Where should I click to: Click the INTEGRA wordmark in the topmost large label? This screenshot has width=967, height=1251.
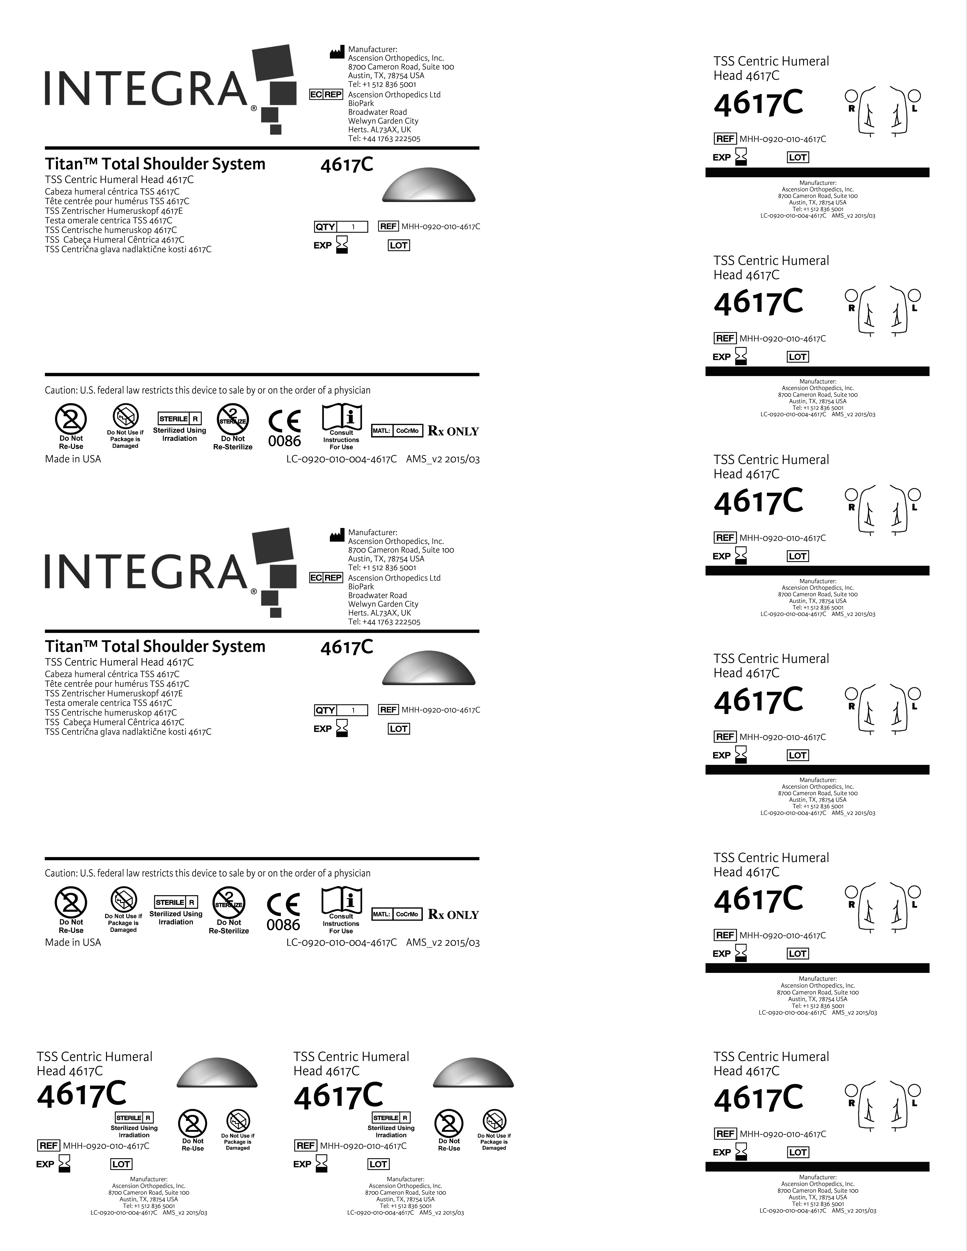(146, 89)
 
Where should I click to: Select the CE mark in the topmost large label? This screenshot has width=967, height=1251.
(284, 422)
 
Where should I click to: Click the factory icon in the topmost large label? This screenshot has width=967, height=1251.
(336, 53)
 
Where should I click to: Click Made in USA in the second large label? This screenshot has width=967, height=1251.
(73, 942)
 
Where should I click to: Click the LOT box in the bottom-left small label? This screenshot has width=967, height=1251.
(121, 1164)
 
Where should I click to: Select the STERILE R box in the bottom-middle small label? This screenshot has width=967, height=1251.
(391, 1118)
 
